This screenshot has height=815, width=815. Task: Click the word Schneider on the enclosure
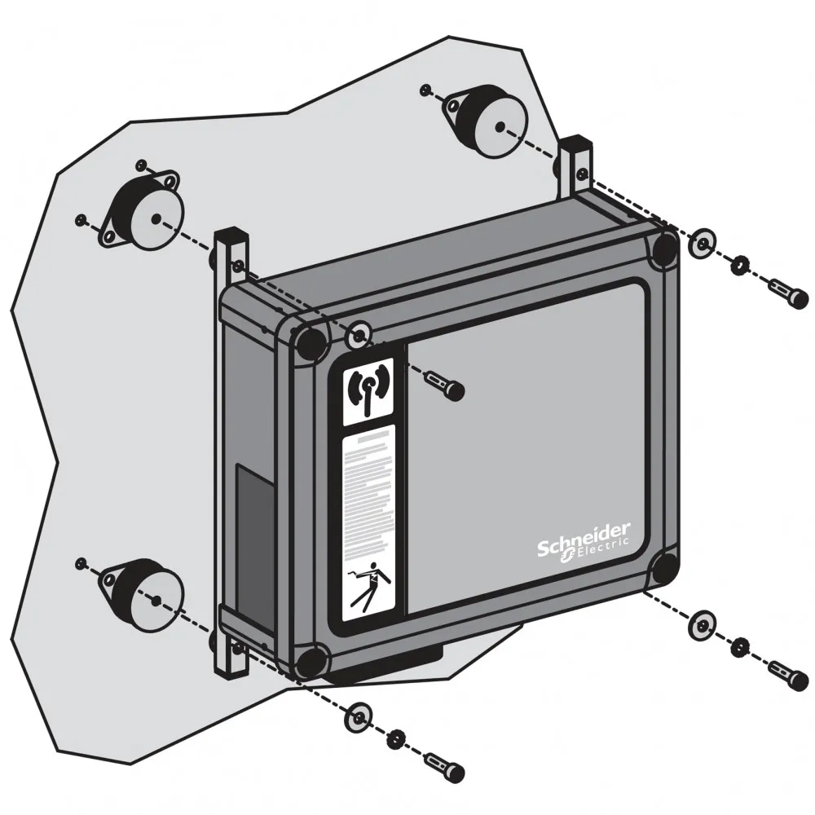[584, 539]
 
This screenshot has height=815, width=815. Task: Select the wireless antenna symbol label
[368, 391]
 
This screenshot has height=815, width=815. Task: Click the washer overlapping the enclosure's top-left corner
[359, 335]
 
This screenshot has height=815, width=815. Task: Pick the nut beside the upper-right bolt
[738, 266]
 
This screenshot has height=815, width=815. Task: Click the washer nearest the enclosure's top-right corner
[702, 243]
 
